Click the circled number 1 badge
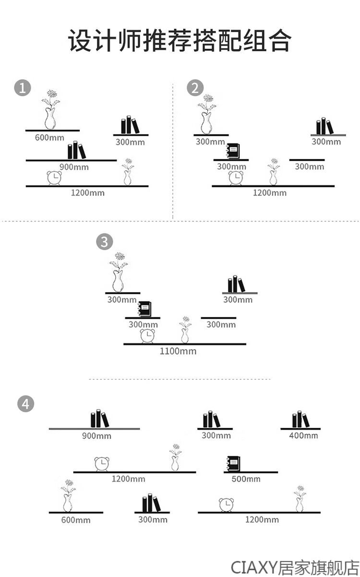pos(23,88)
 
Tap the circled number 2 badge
pos(194,88)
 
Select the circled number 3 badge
pos(104,242)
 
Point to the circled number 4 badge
pos(25,404)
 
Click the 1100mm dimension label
pos(178,351)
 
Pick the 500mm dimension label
pos(246,479)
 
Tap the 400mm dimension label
pos(303,436)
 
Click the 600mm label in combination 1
pos(49,138)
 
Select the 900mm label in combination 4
pos(96,436)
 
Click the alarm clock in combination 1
pos(54,178)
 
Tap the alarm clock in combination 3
pos(148,336)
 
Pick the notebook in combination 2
pos(233,152)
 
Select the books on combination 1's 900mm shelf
pos(76,151)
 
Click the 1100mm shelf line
pos(185,344)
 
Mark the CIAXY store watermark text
pos(295,566)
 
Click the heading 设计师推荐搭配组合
pos(180,41)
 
